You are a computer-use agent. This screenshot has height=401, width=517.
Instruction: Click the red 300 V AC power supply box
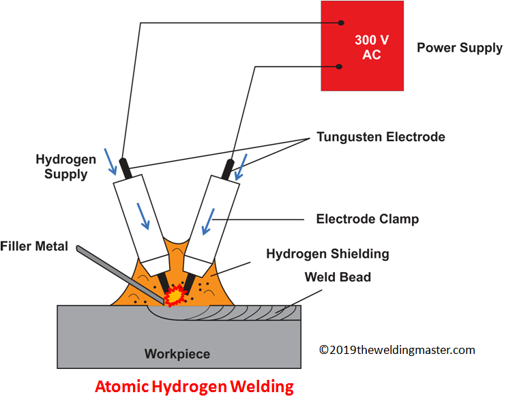(x=362, y=46)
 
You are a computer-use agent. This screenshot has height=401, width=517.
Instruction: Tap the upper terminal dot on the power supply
(x=341, y=23)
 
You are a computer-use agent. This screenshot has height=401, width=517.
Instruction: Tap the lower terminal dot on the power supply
(x=339, y=67)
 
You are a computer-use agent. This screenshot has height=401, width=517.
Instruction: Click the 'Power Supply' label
(x=460, y=48)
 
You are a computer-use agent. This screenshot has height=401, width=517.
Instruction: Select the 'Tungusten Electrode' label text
(x=381, y=137)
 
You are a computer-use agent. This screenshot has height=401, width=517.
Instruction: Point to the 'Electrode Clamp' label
(x=368, y=219)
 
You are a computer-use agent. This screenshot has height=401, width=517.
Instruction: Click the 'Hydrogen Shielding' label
(x=328, y=254)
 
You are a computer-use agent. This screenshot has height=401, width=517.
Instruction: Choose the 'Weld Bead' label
(x=338, y=277)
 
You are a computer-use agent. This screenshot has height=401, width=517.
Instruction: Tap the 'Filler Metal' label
(x=34, y=246)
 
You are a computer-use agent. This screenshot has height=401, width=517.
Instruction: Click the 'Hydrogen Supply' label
(x=66, y=167)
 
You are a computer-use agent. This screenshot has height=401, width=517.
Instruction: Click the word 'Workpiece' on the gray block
(x=177, y=354)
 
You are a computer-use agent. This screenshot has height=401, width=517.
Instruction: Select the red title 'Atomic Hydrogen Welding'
(x=194, y=387)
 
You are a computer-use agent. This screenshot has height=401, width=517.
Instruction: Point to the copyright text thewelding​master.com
(x=397, y=350)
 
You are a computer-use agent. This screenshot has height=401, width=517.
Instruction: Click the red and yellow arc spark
(x=175, y=295)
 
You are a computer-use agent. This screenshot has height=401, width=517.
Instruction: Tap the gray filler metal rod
(x=120, y=275)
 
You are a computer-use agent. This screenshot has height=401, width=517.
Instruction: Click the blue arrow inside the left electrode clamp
(x=143, y=216)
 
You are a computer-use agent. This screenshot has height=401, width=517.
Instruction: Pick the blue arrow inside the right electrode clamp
(x=209, y=222)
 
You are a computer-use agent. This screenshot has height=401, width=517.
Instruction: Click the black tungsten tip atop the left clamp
(x=125, y=168)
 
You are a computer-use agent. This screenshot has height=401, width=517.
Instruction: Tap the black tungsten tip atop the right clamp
(x=228, y=170)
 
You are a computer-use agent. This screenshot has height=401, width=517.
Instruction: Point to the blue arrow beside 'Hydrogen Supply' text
(x=110, y=162)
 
